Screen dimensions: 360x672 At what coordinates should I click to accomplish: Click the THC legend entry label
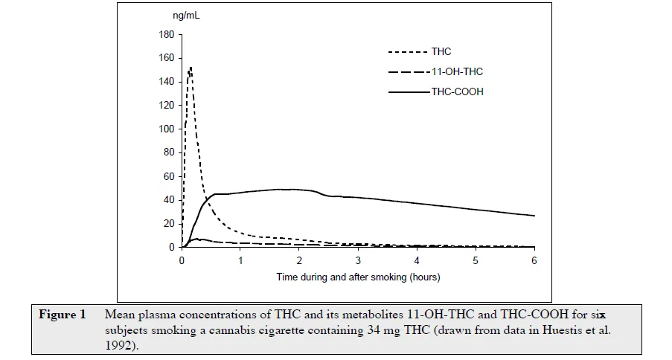click(x=441, y=51)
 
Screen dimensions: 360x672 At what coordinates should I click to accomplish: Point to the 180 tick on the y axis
click(x=167, y=34)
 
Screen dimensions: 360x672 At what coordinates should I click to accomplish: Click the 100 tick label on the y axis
click(x=167, y=129)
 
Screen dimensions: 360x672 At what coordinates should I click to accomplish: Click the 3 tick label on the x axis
click(x=358, y=261)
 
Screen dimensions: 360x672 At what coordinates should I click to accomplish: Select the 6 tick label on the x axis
click(x=534, y=261)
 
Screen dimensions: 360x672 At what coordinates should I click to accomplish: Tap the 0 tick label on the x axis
click(x=182, y=261)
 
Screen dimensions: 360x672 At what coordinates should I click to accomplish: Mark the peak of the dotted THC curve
click(x=191, y=68)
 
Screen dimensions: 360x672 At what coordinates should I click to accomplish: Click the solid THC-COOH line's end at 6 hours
click(x=534, y=216)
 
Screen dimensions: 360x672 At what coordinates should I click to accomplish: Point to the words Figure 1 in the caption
click(x=63, y=315)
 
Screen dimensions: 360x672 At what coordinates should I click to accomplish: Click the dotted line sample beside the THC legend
click(x=408, y=52)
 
